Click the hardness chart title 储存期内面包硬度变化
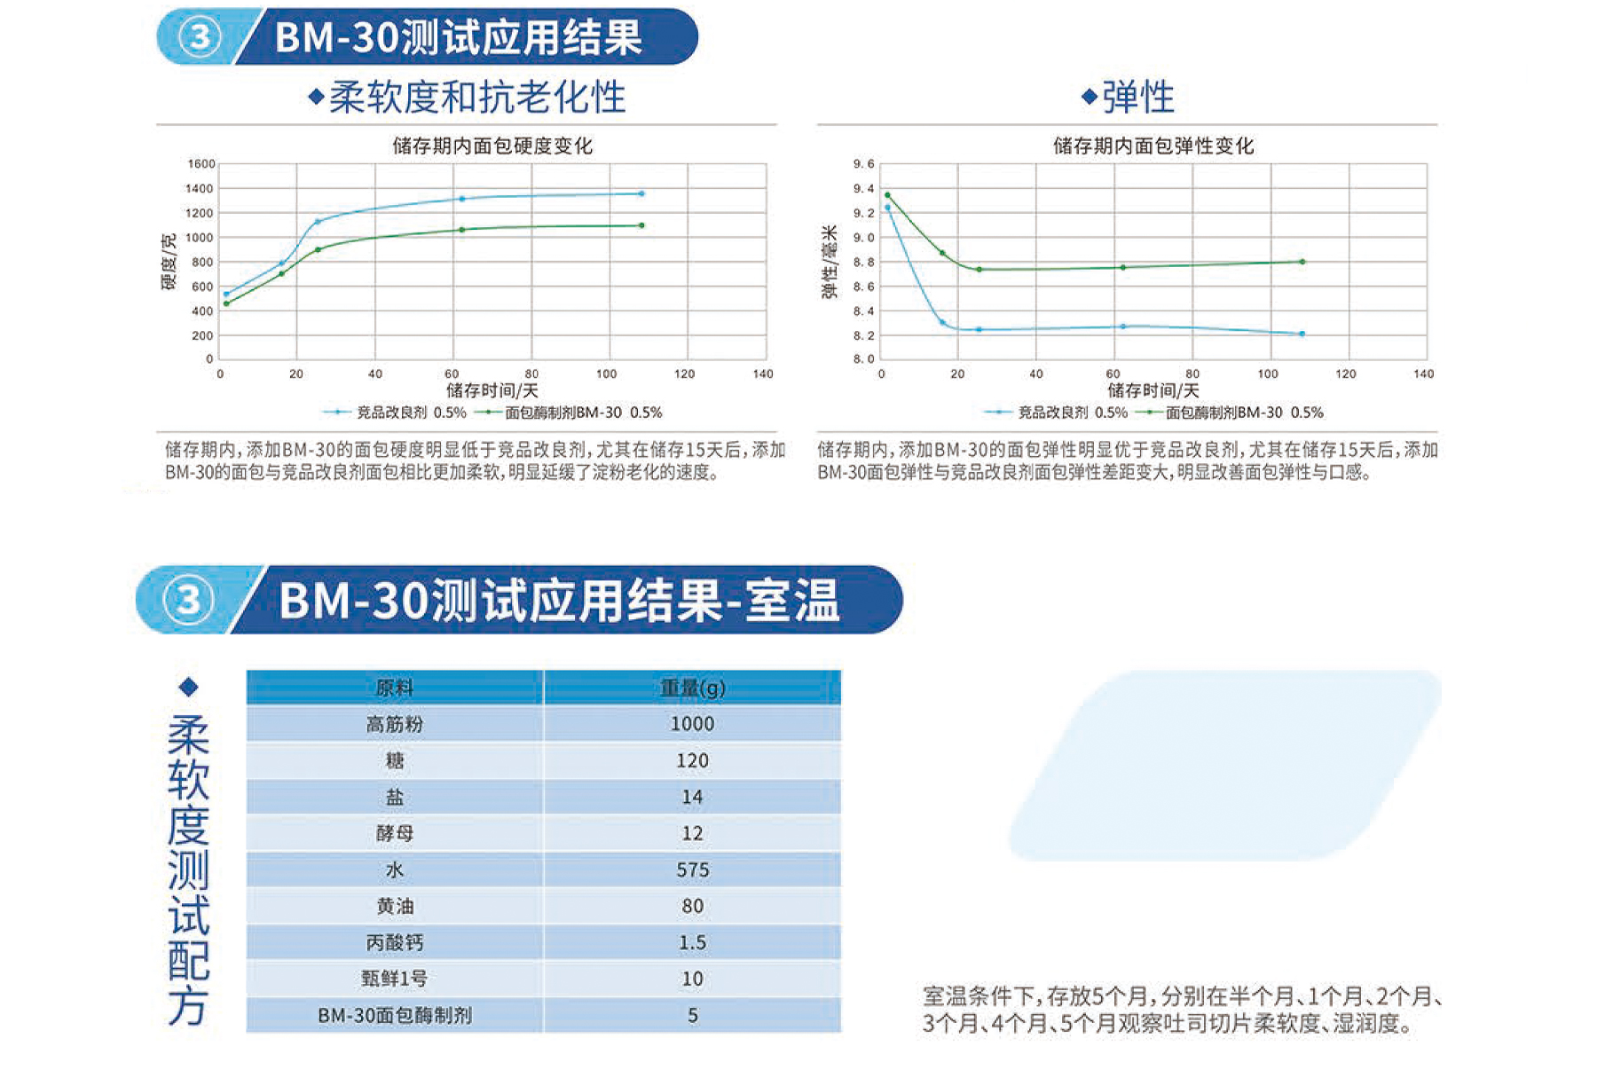(x=492, y=146)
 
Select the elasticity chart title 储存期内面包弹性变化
(x=1153, y=146)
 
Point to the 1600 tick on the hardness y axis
(x=201, y=163)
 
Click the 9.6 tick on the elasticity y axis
(x=863, y=163)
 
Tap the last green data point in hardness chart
(x=641, y=225)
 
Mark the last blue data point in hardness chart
(x=641, y=193)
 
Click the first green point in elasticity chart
(x=887, y=195)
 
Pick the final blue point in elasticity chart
(x=1302, y=334)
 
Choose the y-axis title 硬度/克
(x=169, y=262)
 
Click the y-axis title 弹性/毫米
(x=830, y=262)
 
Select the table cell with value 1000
(x=692, y=724)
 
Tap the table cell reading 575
(x=692, y=869)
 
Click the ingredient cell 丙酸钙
(x=395, y=942)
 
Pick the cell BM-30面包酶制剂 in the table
(x=395, y=1015)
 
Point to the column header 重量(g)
(x=692, y=688)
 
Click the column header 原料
(x=395, y=688)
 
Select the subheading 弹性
(x=1138, y=97)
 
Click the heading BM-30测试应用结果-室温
(x=559, y=600)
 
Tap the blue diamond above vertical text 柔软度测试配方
(x=188, y=687)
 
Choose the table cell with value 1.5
(x=692, y=942)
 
